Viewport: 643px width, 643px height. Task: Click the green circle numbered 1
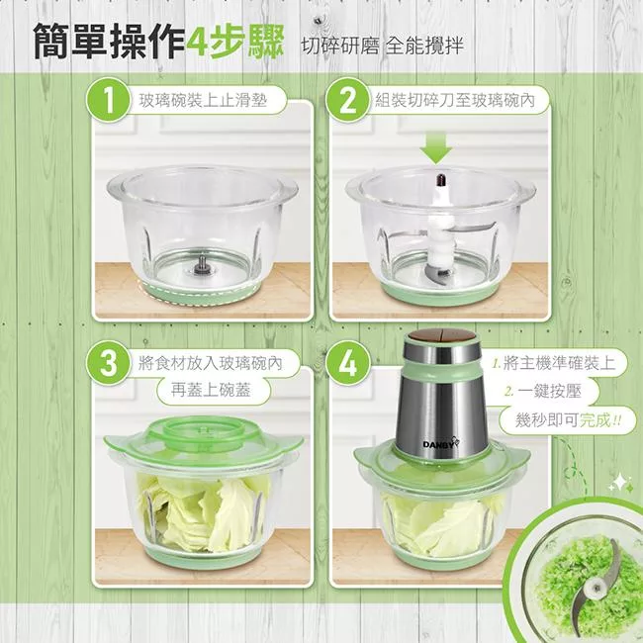(x=108, y=101)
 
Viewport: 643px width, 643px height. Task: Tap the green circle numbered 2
(x=348, y=101)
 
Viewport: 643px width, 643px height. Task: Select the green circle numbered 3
(x=108, y=363)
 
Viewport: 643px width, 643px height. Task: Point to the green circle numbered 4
(x=348, y=363)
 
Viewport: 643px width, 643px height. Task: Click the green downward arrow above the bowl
(x=436, y=148)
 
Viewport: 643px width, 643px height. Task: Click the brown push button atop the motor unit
(x=440, y=335)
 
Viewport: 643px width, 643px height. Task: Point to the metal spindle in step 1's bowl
(x=202, y=263)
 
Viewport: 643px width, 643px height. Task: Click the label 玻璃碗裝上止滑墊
(x=203, y=100)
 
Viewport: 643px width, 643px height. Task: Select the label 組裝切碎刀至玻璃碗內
(x=455, y=100)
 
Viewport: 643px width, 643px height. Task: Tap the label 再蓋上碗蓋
(x=211, y=390)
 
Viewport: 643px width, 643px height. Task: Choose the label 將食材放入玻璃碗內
(x=211, y=363)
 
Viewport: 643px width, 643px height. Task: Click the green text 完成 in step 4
(x=595, y=419)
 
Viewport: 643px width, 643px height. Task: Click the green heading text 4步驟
(x=235, y=42)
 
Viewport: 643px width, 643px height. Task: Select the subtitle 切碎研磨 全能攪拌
(x=383, y=46)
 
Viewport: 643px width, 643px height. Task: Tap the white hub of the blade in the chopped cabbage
(x=592, y=590)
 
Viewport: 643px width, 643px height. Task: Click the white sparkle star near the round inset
(x=621, y=483)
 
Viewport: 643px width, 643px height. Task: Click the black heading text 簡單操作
(x=109, y=42)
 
